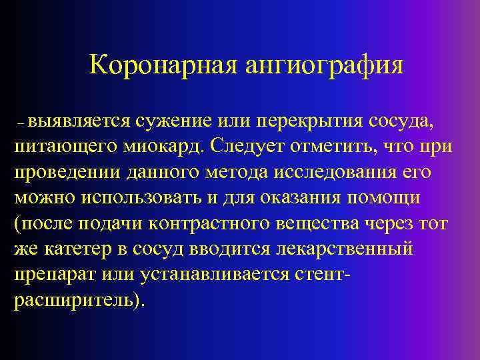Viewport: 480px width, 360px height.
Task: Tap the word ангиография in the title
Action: click(x=324, y=65)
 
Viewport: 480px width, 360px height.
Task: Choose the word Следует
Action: click(x=243, y=146)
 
